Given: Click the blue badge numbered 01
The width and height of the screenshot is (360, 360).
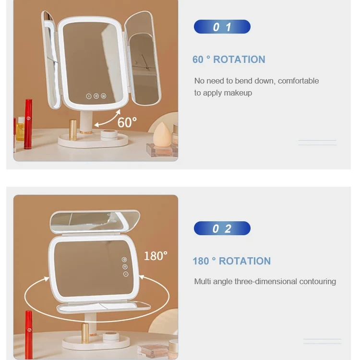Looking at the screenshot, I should coord(222,27).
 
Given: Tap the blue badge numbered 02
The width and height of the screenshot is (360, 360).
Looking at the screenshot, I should coord(222,228).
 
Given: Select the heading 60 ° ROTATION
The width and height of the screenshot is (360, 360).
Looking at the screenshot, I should coord(228,60).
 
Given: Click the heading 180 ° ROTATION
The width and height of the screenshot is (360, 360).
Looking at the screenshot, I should coord(231,261).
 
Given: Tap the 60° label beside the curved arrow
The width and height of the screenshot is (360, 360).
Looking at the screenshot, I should coord(127,122).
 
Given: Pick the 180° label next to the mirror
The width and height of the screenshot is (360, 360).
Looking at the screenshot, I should coord(155,256).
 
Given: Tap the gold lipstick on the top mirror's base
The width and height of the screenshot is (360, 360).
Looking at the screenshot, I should coord(73,130).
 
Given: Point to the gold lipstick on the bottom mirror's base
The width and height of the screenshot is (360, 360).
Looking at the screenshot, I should coord(85,333).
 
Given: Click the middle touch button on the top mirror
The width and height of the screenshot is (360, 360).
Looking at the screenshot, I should coord(96,96).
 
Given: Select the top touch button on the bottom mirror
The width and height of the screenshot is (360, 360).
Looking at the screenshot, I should coord(125,260).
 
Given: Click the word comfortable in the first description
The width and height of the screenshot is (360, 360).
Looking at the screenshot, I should coord(298,81).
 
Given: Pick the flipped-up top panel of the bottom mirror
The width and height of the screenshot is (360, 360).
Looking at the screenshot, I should coord(95,221).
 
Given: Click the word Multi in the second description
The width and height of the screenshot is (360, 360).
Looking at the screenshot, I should coord(203,282).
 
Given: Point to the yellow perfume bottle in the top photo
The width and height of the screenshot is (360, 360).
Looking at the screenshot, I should coord(20,130).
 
